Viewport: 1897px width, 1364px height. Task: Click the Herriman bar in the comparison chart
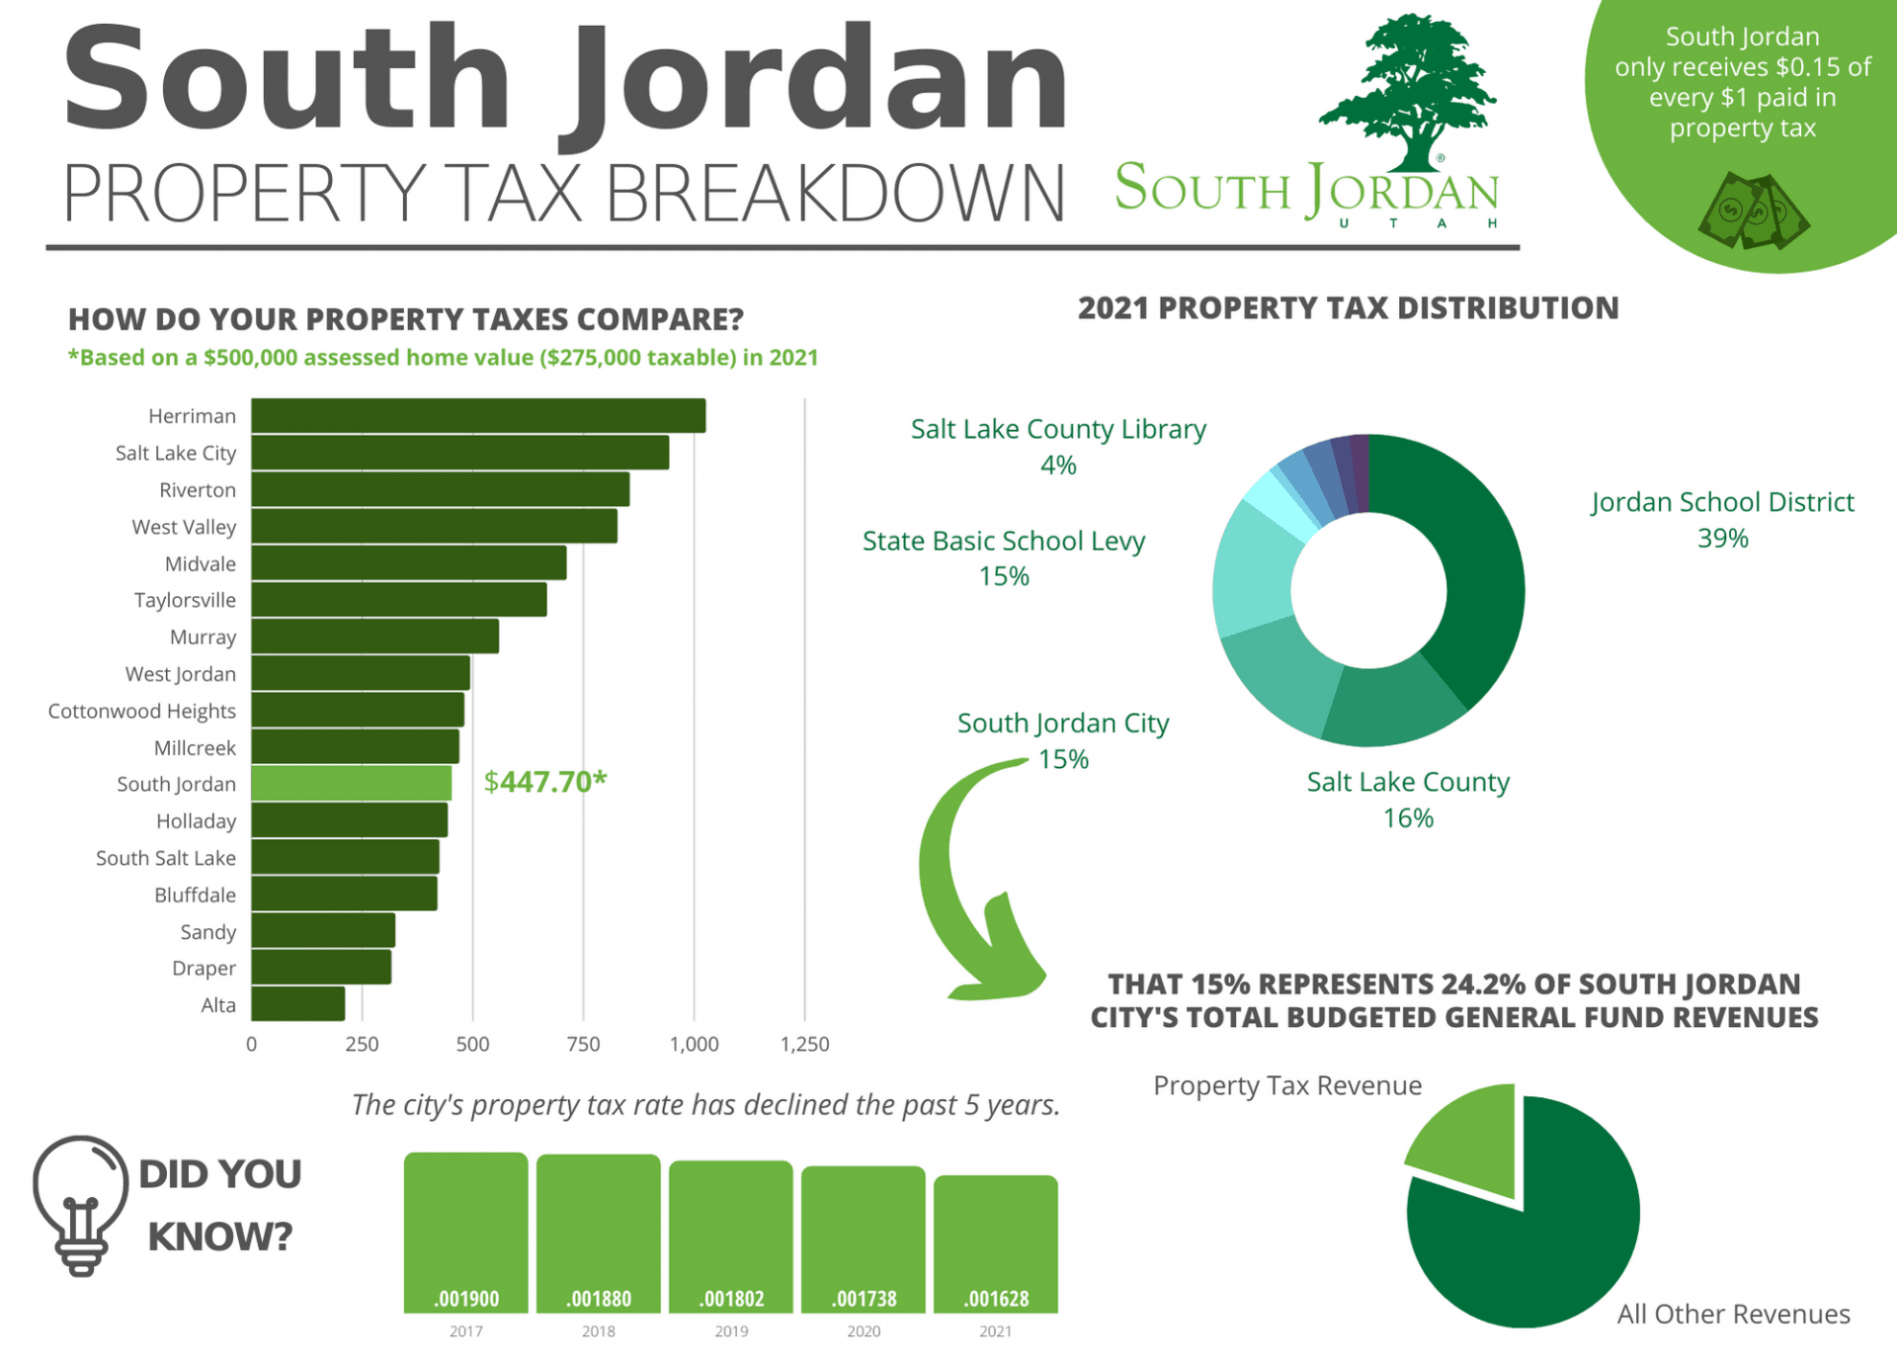click(478, 416)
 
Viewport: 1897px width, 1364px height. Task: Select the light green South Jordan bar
click(351, 784)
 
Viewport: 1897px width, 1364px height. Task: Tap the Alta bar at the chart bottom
click(297, 1004)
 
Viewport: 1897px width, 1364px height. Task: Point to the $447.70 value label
click(544, 782)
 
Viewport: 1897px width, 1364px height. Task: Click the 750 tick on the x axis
click(583, 1045)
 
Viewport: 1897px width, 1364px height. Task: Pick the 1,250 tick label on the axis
click(804, 1045)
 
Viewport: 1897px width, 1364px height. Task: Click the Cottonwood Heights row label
click(142, 712)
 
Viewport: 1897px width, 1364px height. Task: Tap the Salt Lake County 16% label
click(1408, 800)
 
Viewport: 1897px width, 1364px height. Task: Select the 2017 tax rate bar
click(466, 1231)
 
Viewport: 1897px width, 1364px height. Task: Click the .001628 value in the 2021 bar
click(996, 1299)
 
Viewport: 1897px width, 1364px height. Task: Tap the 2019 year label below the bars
click(731, 1331)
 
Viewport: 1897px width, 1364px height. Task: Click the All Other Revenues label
click(1733, 1315)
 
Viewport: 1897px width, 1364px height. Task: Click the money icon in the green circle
click(1753, 212)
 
